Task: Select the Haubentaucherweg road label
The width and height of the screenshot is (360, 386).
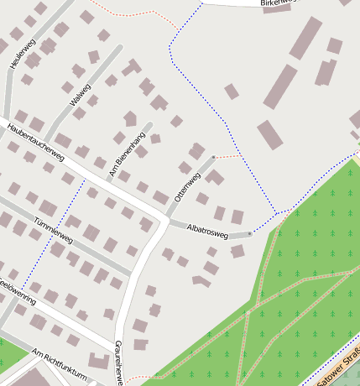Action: pyautogui.click(x=35, y=143)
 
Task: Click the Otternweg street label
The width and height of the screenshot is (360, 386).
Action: pyautogui.click(x=187, y=186)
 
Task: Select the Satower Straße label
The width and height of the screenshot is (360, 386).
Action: pyautogui.click(x=336, y=369)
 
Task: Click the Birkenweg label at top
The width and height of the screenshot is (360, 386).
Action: pyautogui.click(x=279, y=3)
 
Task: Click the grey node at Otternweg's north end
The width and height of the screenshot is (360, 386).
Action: pyautogui.click(x=214, y=157)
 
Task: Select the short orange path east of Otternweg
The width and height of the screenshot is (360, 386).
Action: pyautogui.click(x=228, y=156)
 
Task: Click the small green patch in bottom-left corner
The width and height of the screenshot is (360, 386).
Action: pyautogui.click(x=10, y=354)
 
